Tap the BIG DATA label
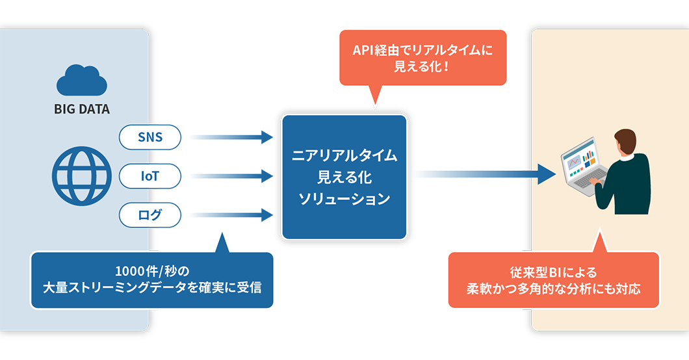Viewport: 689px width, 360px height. [81, 109]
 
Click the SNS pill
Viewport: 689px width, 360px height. [150, 138]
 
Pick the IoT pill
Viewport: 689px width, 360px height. [150, 176]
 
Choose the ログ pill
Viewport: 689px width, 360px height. [150, 215]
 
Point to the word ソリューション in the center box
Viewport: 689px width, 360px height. [344, 199]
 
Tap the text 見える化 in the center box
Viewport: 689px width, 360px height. [344, 177]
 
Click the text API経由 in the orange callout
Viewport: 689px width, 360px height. [375, 50]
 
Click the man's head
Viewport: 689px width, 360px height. [625, 141]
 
